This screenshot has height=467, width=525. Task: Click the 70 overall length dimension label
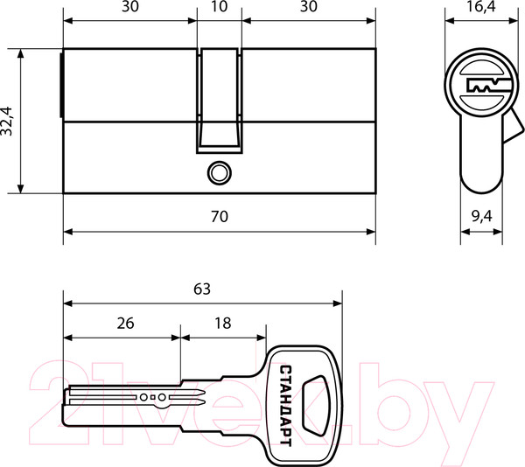(220, 216)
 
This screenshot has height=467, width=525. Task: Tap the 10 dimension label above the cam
(220, 6)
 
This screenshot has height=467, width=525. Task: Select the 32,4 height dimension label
(6, 121)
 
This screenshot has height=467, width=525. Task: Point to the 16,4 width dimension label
(480, 6)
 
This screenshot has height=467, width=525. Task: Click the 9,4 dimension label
(482, 216)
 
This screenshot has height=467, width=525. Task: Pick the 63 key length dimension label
(202, 289)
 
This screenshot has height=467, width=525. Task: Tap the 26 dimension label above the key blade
(125, 324)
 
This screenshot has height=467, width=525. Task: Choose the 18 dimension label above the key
(222, 324)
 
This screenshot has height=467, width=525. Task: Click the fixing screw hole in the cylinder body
(220, 173)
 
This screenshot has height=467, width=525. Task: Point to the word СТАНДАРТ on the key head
(285, 406)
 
